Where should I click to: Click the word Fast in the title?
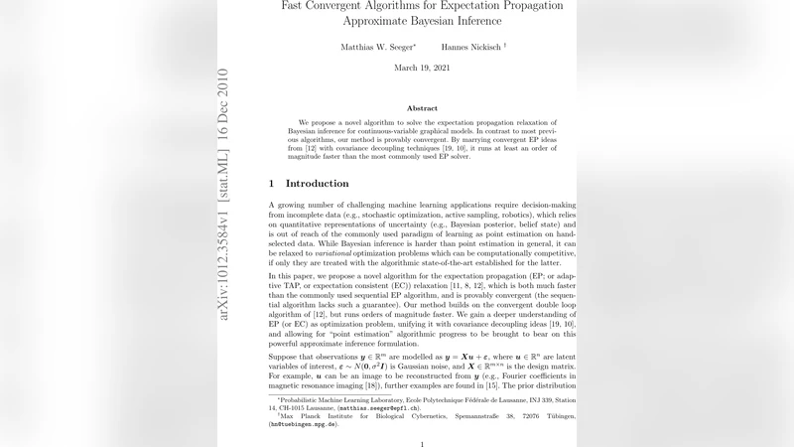pos(296,6)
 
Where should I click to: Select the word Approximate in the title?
pos(382,21)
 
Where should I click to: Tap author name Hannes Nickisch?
pos(470,47)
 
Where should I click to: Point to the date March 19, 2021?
pos(421,68)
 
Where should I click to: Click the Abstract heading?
pos(422,108)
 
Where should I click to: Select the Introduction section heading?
pos(317,184)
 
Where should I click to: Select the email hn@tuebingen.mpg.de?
pos(304,424)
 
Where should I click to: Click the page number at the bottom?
pos(421,444)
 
